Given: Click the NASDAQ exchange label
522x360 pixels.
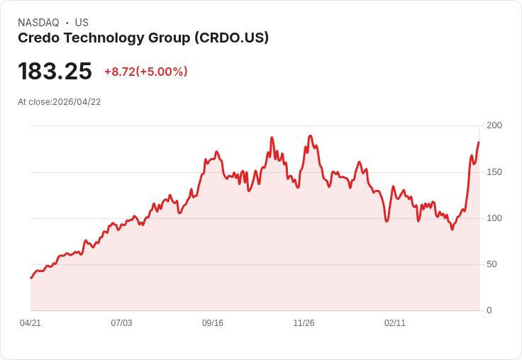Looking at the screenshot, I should (38, 23).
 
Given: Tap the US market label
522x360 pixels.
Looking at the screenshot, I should (82, 23).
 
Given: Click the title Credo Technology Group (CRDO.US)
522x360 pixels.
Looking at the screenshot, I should (143, 38).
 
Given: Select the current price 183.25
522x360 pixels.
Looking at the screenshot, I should (55, 72).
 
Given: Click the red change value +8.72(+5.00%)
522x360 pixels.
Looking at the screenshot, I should (145, 72).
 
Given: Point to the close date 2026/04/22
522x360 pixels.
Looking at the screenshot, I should (77, 102).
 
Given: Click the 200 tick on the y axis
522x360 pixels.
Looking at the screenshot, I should (494, 125).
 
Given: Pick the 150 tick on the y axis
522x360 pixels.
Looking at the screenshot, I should (494, 172).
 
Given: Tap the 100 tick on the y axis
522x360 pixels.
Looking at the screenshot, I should (494, 218).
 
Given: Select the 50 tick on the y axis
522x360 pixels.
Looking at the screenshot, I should (492, 264).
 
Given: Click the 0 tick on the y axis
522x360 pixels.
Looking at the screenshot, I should (489, 310).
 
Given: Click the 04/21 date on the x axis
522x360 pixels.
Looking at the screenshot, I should (30, 323).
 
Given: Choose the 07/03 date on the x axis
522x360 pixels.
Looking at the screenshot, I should (121, 323).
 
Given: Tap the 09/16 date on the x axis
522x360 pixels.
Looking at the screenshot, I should (213, 323).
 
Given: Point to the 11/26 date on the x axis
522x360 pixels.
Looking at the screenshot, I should (304, 323).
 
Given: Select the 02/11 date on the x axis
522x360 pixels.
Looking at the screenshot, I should (395, 323).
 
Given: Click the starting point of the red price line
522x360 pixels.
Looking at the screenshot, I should (30, 278).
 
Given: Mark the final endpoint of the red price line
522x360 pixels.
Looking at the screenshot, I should (479, 142).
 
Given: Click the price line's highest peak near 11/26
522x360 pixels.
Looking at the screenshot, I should (311, 135).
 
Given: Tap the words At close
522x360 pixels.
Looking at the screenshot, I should (34, 102).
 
